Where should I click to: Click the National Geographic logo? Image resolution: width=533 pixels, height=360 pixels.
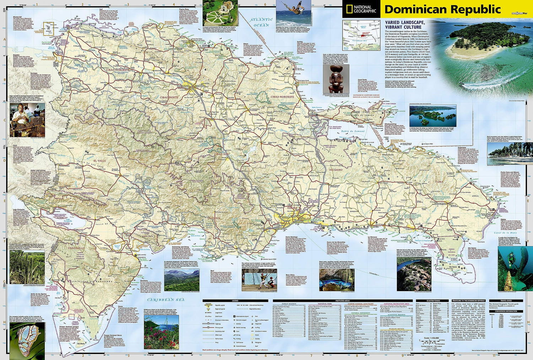click(x=361, y=9)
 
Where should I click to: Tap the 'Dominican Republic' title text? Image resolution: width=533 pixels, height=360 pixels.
click(x=442, y=9)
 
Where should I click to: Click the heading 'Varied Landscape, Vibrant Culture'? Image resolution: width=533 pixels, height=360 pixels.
click(x=403, y=25)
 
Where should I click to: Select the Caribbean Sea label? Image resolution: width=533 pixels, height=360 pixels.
click(x=166, y=300)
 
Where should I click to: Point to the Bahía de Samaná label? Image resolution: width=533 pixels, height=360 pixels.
click(x=353, y=131)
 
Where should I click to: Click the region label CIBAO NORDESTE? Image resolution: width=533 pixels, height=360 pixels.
click(x=282, y=97)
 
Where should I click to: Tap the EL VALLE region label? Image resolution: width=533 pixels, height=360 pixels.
click(x=99, y=161)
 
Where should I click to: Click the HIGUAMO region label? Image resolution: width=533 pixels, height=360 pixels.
click(x=336, y=170)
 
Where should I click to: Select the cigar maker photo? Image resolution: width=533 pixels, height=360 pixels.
click(x=27, y=120)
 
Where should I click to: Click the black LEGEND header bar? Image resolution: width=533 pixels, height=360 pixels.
click(x=235, y=301)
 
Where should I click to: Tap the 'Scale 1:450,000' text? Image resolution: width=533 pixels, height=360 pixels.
click(x=432, y=338)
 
